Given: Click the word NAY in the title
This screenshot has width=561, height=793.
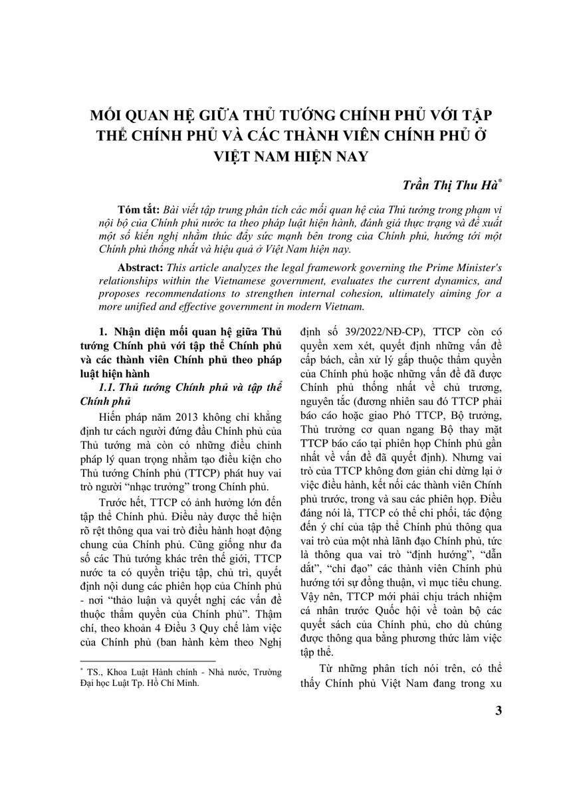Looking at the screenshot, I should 344,157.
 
